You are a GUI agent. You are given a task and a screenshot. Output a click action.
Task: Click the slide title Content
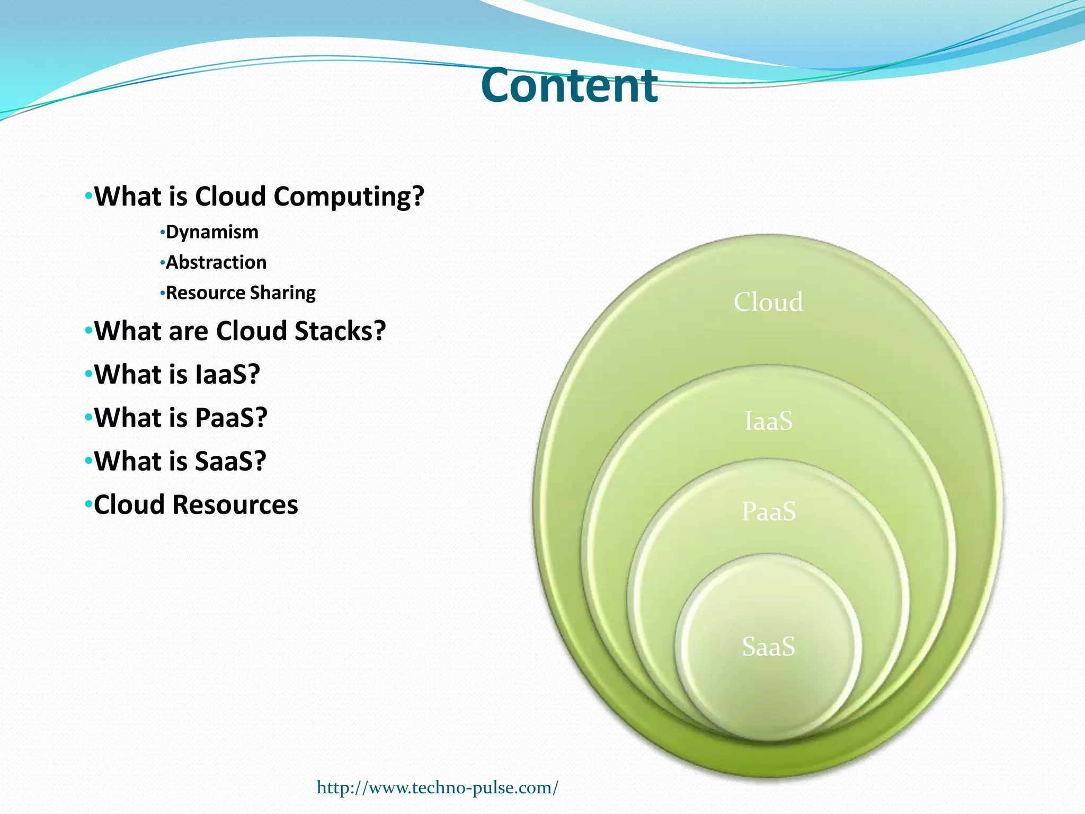click(x=569, y=86)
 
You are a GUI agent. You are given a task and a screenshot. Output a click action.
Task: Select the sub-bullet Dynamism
click(x=212, y=232)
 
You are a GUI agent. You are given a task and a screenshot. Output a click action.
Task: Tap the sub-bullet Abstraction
click(x=216, y=262)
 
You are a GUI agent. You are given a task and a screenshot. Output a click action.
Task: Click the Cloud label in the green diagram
click(x=768, y=302)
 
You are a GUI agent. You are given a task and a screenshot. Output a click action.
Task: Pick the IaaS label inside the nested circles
click(x=768, y=421)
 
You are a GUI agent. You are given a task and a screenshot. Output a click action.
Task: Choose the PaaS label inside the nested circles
click(x=768, y=511)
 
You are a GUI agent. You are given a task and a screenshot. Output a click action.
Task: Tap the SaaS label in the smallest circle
click(x=768, y=647)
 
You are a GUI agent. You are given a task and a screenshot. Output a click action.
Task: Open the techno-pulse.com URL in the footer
click(x=437, y=788)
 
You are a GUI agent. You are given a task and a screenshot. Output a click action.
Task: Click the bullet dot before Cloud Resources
click(x=88, y=505)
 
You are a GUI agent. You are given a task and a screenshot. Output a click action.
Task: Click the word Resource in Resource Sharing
click(x=206, y=293)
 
